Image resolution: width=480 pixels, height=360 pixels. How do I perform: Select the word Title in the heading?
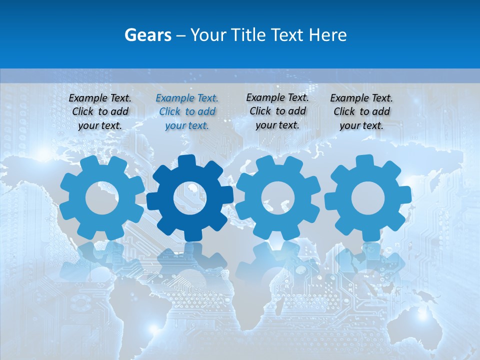point(248,35)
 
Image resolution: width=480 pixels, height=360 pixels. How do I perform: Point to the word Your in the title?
point(207,35)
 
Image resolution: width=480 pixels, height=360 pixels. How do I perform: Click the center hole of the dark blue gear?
point(190,198)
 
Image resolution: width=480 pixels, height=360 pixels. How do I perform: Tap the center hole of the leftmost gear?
point(102,198)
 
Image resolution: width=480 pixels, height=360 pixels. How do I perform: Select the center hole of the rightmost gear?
point(368,198)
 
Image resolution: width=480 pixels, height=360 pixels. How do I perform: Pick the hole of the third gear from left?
point(278,198)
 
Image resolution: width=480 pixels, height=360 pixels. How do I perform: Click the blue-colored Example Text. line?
point(187,98)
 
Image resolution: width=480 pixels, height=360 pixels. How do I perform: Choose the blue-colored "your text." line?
point(187,125)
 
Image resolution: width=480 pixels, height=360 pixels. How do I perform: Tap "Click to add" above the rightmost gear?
point(361,111)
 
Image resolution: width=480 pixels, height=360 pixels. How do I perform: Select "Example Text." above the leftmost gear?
point(100,98)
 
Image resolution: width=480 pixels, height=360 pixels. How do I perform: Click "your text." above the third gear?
point(277,124)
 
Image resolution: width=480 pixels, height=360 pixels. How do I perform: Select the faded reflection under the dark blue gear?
point(190,260)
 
